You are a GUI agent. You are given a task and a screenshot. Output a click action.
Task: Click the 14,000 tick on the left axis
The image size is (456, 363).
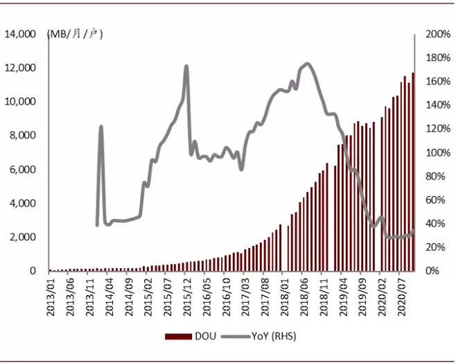point(20,34)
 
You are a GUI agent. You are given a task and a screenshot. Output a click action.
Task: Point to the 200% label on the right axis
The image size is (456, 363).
point(438,34)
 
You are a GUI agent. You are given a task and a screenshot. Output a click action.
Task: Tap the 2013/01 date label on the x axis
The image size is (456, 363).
point(51,296)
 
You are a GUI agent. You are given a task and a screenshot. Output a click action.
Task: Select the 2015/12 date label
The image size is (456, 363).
point(188,296)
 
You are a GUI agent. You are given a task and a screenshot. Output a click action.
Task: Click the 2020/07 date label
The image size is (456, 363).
point(402,296)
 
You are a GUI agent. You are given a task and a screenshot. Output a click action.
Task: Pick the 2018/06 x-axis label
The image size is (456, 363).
point(304,296)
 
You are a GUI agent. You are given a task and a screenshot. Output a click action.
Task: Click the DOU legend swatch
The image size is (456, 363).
point(178,336)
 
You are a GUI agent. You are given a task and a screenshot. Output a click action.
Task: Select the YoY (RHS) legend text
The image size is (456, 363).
point(274,336)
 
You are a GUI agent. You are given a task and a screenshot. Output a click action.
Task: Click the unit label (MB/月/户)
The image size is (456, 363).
point(75,35)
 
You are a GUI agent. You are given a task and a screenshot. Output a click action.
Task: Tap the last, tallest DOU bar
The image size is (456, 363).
point(413,172)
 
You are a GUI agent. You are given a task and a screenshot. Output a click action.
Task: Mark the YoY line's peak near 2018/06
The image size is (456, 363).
point(307,63)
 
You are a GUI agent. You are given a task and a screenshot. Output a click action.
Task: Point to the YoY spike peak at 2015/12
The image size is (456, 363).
point(186,67)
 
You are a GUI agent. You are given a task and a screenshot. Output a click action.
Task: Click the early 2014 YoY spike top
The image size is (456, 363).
point(101,126)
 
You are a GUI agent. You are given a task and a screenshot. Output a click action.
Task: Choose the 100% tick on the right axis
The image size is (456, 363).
point(438,152)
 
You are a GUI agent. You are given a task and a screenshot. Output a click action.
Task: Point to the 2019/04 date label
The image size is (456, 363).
point(344,296)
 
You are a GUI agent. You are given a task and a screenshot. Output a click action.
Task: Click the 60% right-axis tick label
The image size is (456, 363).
point(435,200)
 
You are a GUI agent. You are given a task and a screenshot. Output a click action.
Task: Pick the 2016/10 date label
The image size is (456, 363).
point(227,296)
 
